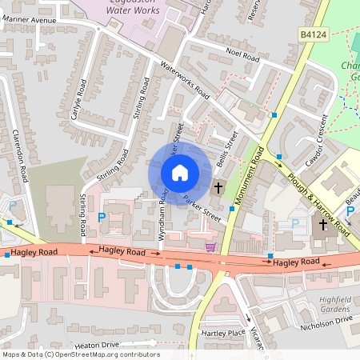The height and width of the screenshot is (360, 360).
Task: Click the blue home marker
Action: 179,172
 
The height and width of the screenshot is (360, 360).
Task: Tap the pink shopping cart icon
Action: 210,248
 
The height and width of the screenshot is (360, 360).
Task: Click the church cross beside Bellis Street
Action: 218,187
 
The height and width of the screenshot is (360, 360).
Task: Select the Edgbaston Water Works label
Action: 141,9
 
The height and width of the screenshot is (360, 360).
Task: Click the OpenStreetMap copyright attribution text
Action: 81,354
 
